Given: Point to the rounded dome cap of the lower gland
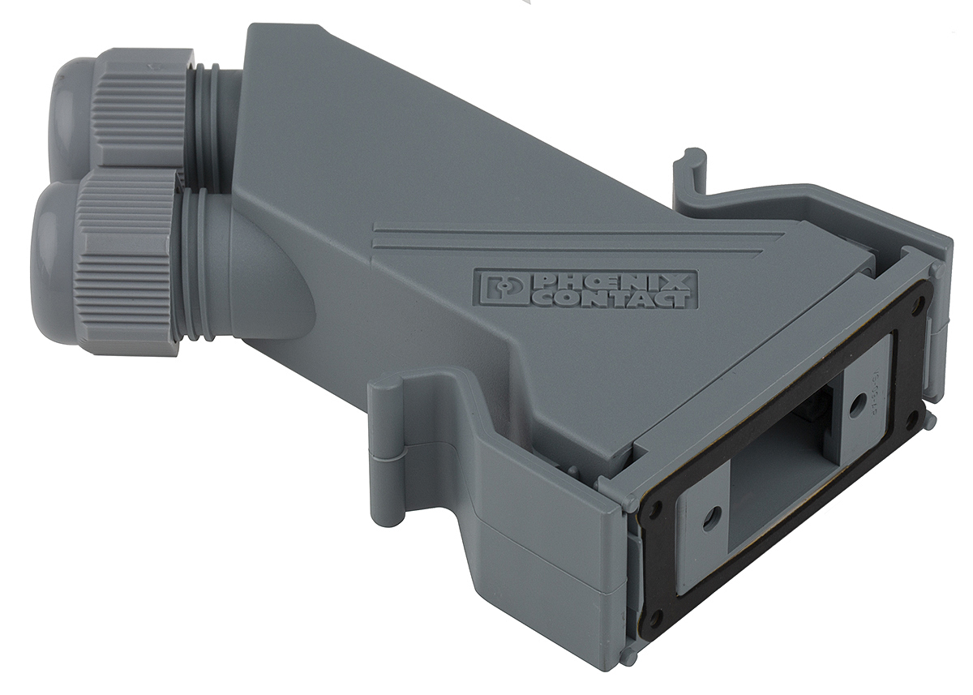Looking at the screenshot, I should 53,247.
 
